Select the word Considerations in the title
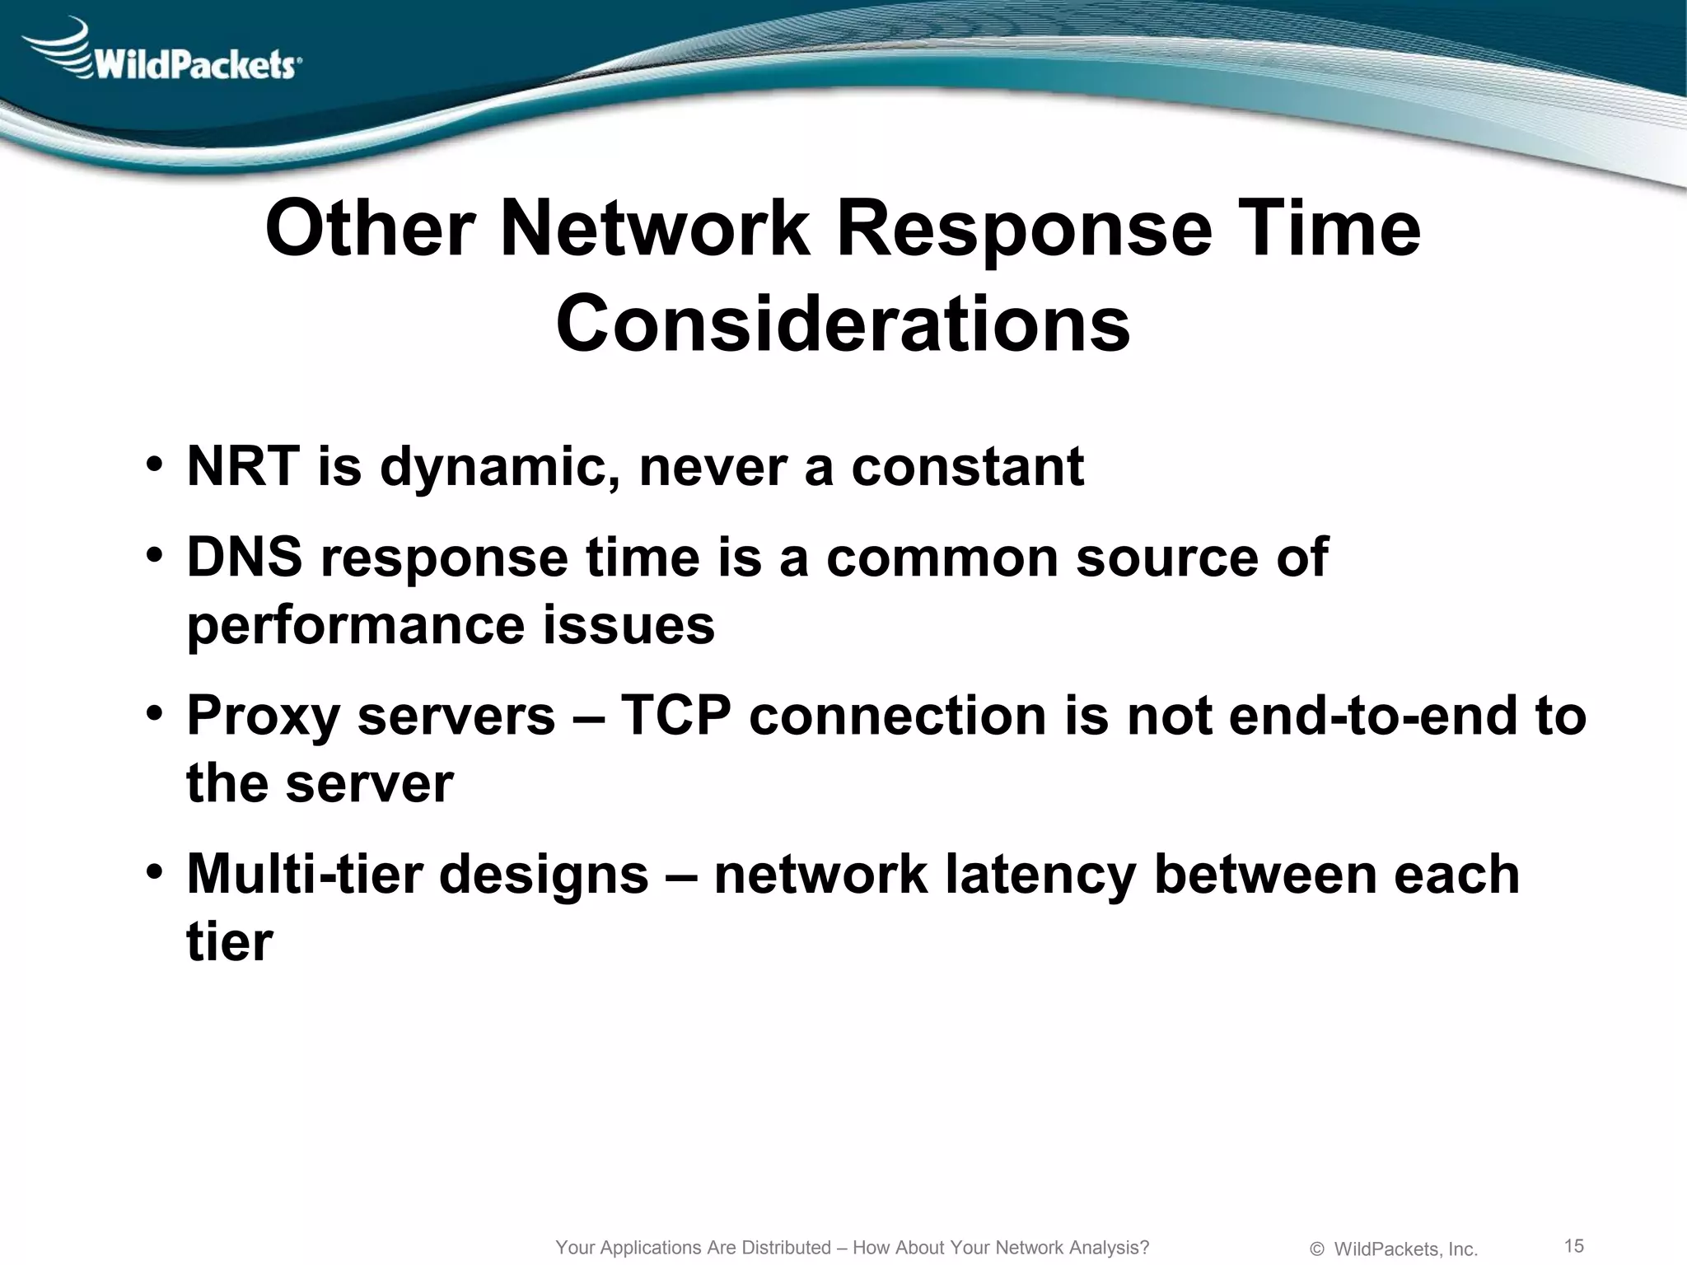(x=843, y=323)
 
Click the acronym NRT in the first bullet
(x=242, y=466)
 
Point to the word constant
(x=967, y=466)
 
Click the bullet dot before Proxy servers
(x=154, y=713)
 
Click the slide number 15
(x=1573, y=1244)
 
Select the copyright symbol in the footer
(x=1317, y=1249)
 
